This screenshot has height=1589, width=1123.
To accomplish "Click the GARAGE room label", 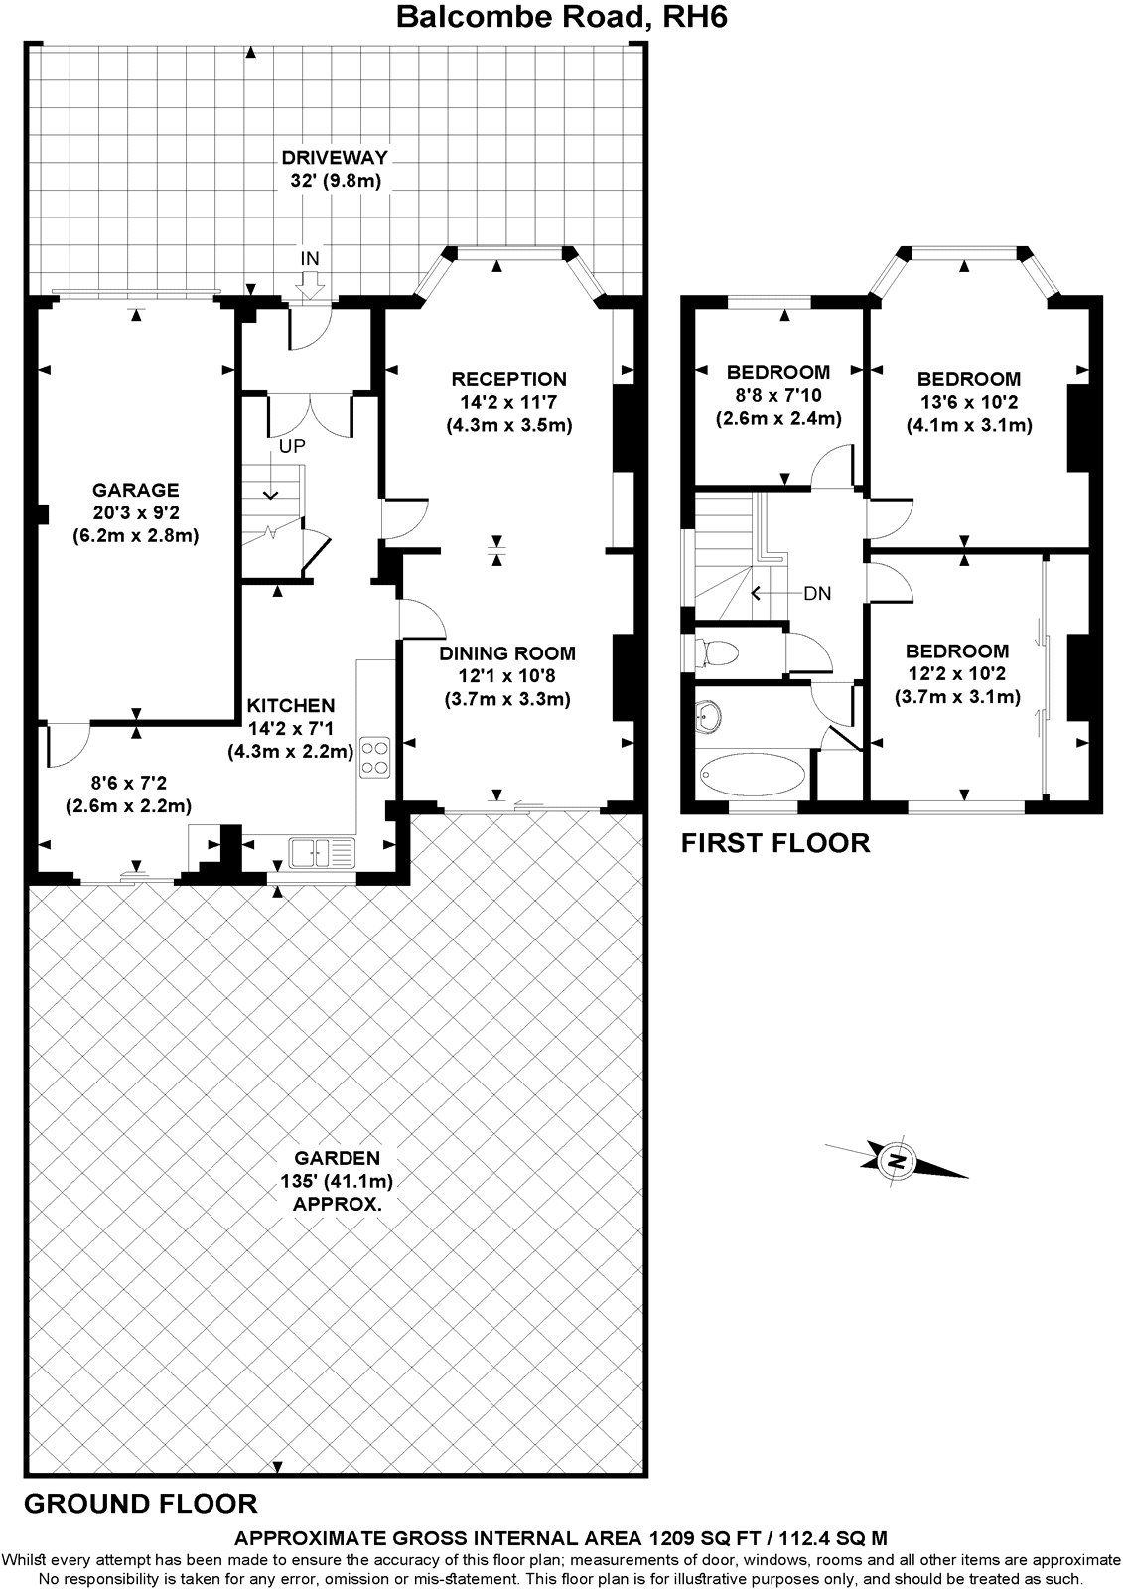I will click(135, 490).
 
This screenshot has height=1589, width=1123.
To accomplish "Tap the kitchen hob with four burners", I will click(376, 757).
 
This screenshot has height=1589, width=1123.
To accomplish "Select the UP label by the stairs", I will click(291, 446).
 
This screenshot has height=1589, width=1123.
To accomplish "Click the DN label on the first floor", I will click(817, 594).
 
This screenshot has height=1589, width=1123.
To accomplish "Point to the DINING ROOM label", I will click(507, 653).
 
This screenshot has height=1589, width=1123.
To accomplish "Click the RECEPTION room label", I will click(508, 379).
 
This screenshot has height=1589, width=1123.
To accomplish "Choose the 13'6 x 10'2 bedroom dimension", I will click(968, 402).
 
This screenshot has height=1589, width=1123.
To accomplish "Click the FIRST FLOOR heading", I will click(774, 843).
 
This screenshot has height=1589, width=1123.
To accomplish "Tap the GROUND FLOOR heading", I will click(139, 1503).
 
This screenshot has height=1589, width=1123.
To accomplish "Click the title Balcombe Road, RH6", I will click(563, 17).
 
